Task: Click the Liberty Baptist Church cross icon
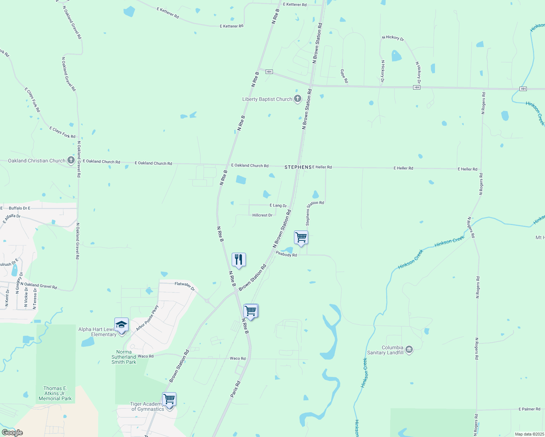[x=298, y=99]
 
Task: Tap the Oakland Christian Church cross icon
[x=71, y=160]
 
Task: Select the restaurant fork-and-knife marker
[x=239, y=260]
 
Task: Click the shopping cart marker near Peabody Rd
[x=301, y=237]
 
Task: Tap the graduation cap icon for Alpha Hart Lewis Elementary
[x=121, y=324]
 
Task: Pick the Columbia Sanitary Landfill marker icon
[x=409, y=350]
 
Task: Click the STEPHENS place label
[x=298, y=167]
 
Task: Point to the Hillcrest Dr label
[x=262, y=215]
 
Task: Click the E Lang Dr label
[x=278, y=206]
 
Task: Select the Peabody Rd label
[x=286, y=255]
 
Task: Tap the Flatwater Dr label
[x=185, y=286]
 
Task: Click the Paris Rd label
[x=235, y=389]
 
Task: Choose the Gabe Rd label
[x=344, y=76]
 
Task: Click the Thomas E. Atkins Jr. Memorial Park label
[x=55, y=393]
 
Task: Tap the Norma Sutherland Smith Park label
[x=124, y=357]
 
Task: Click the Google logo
[x=12, y=433]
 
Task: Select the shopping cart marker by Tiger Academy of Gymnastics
[x=169, y=399]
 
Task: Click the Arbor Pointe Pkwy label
[x=148, y=318]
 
